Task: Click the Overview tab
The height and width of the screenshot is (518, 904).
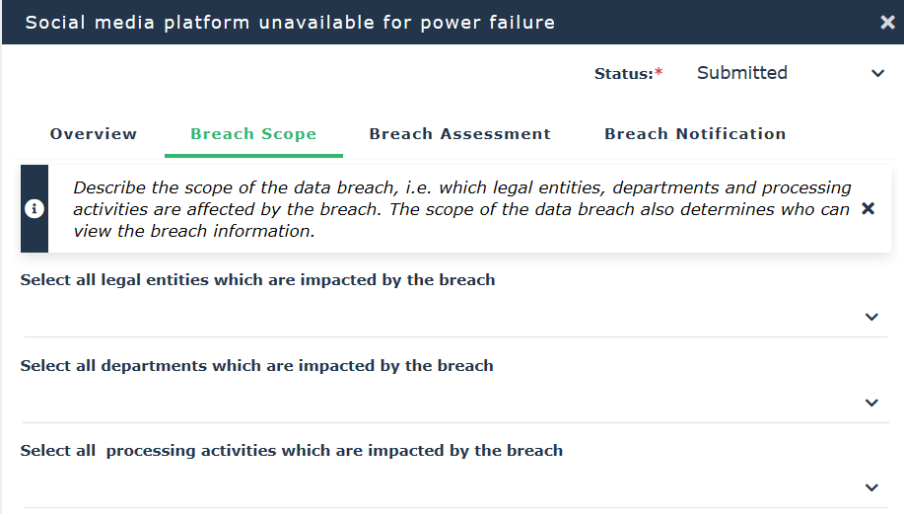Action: coord(94,134)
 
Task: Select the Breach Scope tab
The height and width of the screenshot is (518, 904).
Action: coord(253,134)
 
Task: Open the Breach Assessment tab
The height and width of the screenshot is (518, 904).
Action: coord(460,134)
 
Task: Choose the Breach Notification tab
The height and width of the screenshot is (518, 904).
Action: coord(695,134)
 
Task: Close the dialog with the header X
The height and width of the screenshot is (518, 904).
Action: coord(888,23)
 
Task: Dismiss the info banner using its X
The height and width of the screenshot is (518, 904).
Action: coord(869,208)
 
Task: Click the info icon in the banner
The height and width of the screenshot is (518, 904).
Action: coord(35,208)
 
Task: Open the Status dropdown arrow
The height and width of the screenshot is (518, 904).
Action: coord(877,73)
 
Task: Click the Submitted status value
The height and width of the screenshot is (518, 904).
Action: coord(742,73)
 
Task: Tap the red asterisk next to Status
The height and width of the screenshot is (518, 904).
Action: coord(659,71)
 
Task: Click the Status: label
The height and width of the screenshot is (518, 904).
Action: coord(624,74)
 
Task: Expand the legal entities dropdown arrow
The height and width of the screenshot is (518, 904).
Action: coord(871,317)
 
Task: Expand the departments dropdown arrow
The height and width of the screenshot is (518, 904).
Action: coord(871,403)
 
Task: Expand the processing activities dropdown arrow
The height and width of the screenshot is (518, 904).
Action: coord(871,487)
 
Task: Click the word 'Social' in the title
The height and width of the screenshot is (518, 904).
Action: coord(55,23)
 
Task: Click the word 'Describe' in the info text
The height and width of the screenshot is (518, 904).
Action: coord(109,187)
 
